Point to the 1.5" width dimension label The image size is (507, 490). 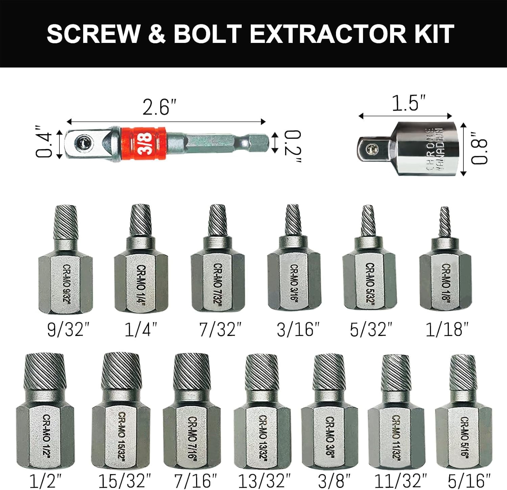click(408, 103)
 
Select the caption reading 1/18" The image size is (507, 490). click(447, 329)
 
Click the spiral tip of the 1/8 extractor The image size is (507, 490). click(445, 222)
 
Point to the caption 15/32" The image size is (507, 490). click(124, 481)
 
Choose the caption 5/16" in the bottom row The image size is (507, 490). click(469, 481)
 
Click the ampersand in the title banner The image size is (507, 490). click(156, 34)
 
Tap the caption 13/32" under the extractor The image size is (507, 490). click(265, 481)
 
